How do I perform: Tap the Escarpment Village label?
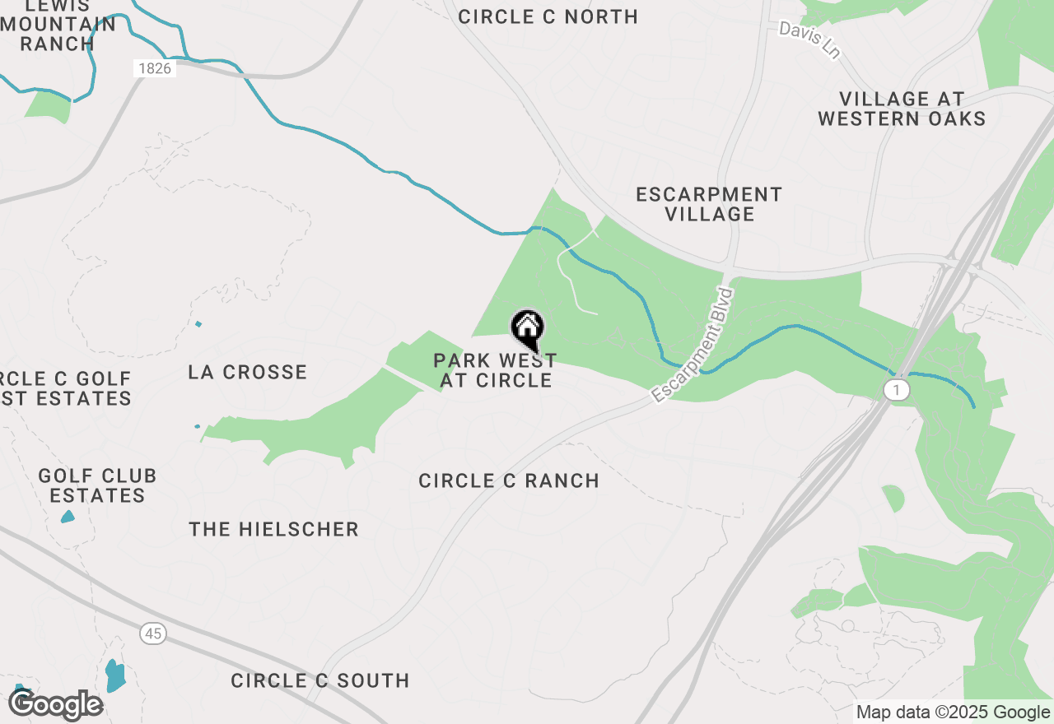(709, 204)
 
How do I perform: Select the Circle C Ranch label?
(509, 481)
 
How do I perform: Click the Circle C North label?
(548, 16)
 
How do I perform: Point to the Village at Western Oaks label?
(902, 109)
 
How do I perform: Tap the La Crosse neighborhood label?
(247, 372)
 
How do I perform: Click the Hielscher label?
(273, 529)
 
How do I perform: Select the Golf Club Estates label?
(97, 485)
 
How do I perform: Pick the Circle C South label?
(319, 680)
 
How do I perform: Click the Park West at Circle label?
(496, 370)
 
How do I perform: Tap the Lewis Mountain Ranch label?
(58, 25)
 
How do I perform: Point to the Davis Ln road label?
(810, 39)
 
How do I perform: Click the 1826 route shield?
(155, 68)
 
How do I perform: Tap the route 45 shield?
(152, 633)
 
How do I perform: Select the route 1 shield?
(897, 389)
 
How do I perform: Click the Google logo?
(56, 704)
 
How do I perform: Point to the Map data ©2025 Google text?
(953, 712)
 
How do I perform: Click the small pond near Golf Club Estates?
(68, 517)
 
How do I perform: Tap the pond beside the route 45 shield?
(115, 675)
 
